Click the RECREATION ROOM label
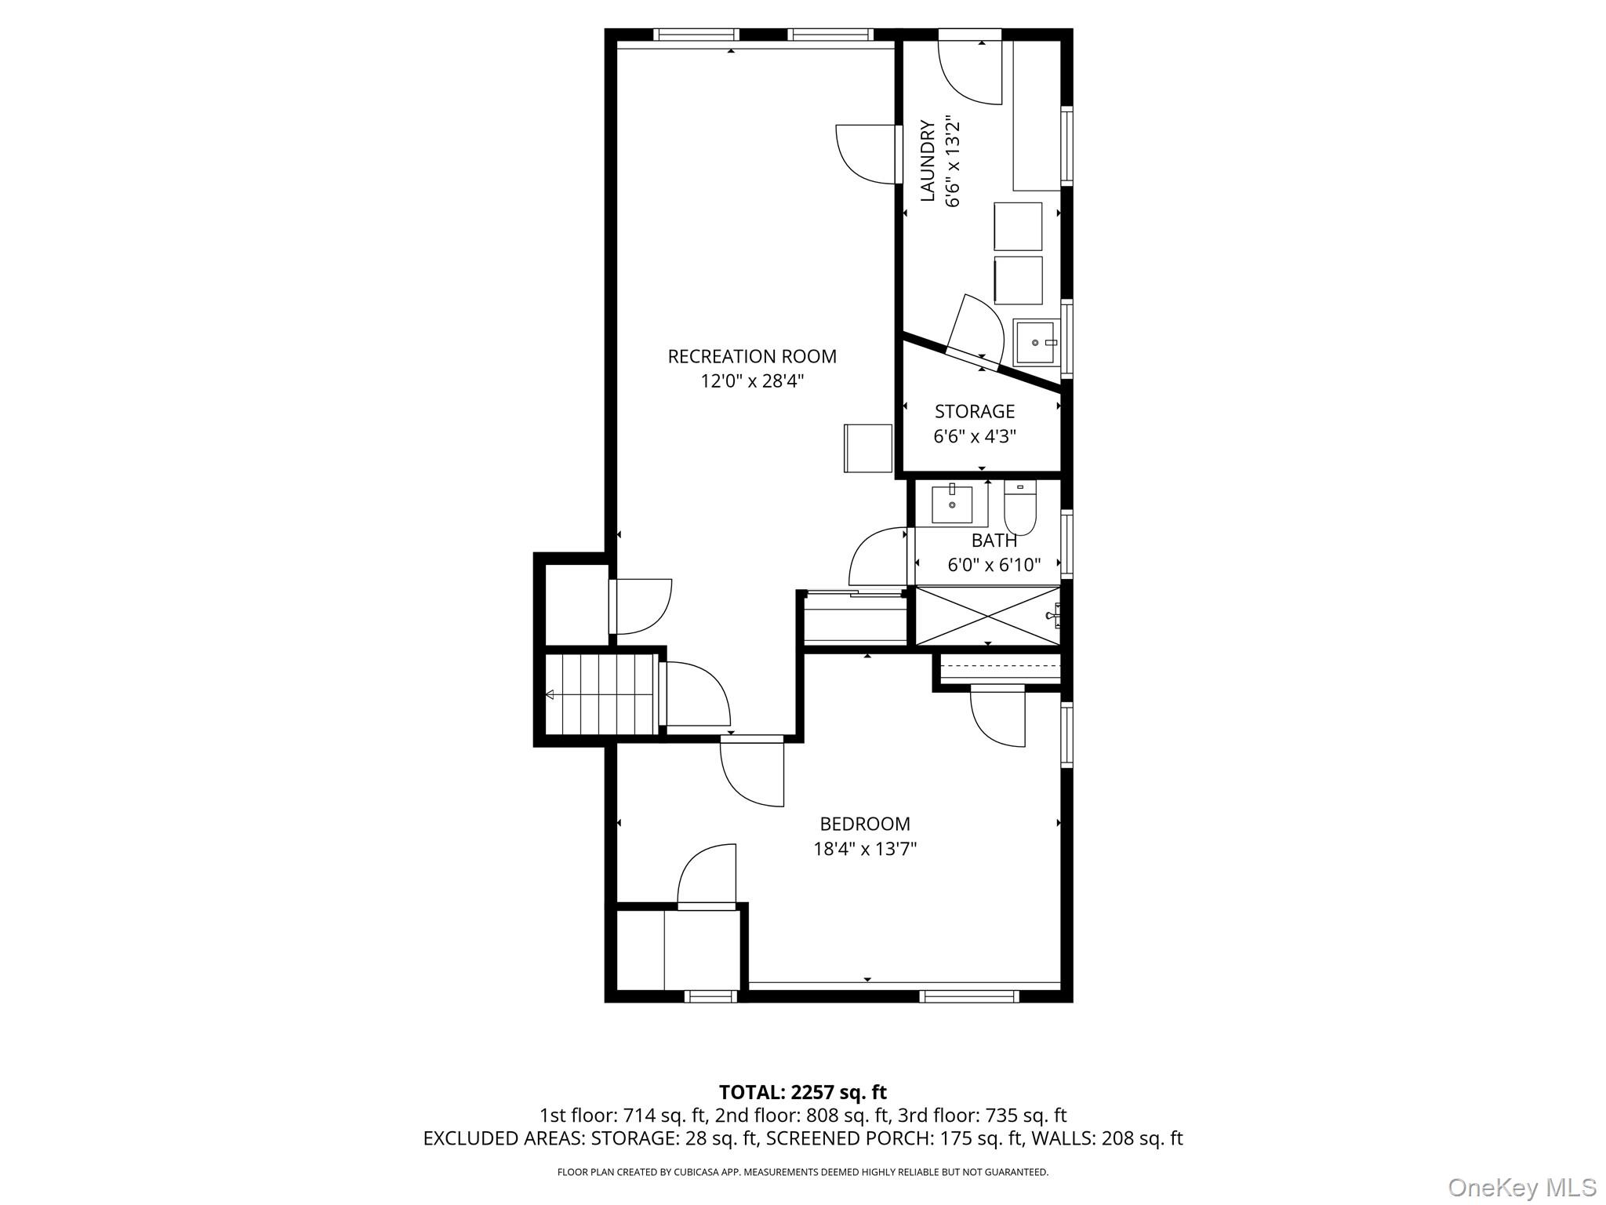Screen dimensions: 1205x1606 tap(751, 356)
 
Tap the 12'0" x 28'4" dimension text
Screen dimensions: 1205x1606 tap(751, 382)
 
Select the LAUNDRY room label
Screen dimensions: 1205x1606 tap(928, 161)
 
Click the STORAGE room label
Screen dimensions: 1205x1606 tap(974, 411)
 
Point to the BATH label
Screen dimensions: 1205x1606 tap(994, 541)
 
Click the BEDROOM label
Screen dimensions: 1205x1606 tap(864, 824)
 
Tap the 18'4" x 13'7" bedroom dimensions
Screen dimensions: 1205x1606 tap(864, 849)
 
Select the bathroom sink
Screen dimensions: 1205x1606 tap(951, 504)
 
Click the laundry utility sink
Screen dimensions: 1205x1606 tap(1036, 342)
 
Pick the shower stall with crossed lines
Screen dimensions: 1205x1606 tap(987, 615)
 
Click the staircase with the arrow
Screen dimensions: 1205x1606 tap(600, 694)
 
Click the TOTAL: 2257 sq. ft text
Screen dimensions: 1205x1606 tap(802, 1092)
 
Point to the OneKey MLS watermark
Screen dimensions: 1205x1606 tap(1521, 1187)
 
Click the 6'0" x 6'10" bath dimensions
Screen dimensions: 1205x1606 tap(994, 565)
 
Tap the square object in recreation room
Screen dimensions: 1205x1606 tap(868, 448)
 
